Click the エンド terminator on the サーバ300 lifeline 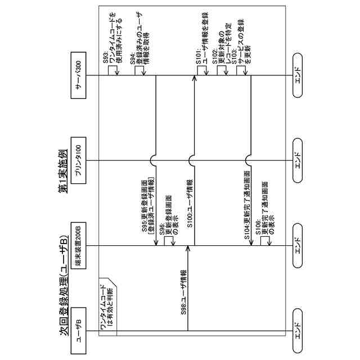(x=299, y=74)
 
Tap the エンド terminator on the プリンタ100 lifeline (x=299, y=160)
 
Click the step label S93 (x=105, y=60)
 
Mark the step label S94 (x=133, y=60)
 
